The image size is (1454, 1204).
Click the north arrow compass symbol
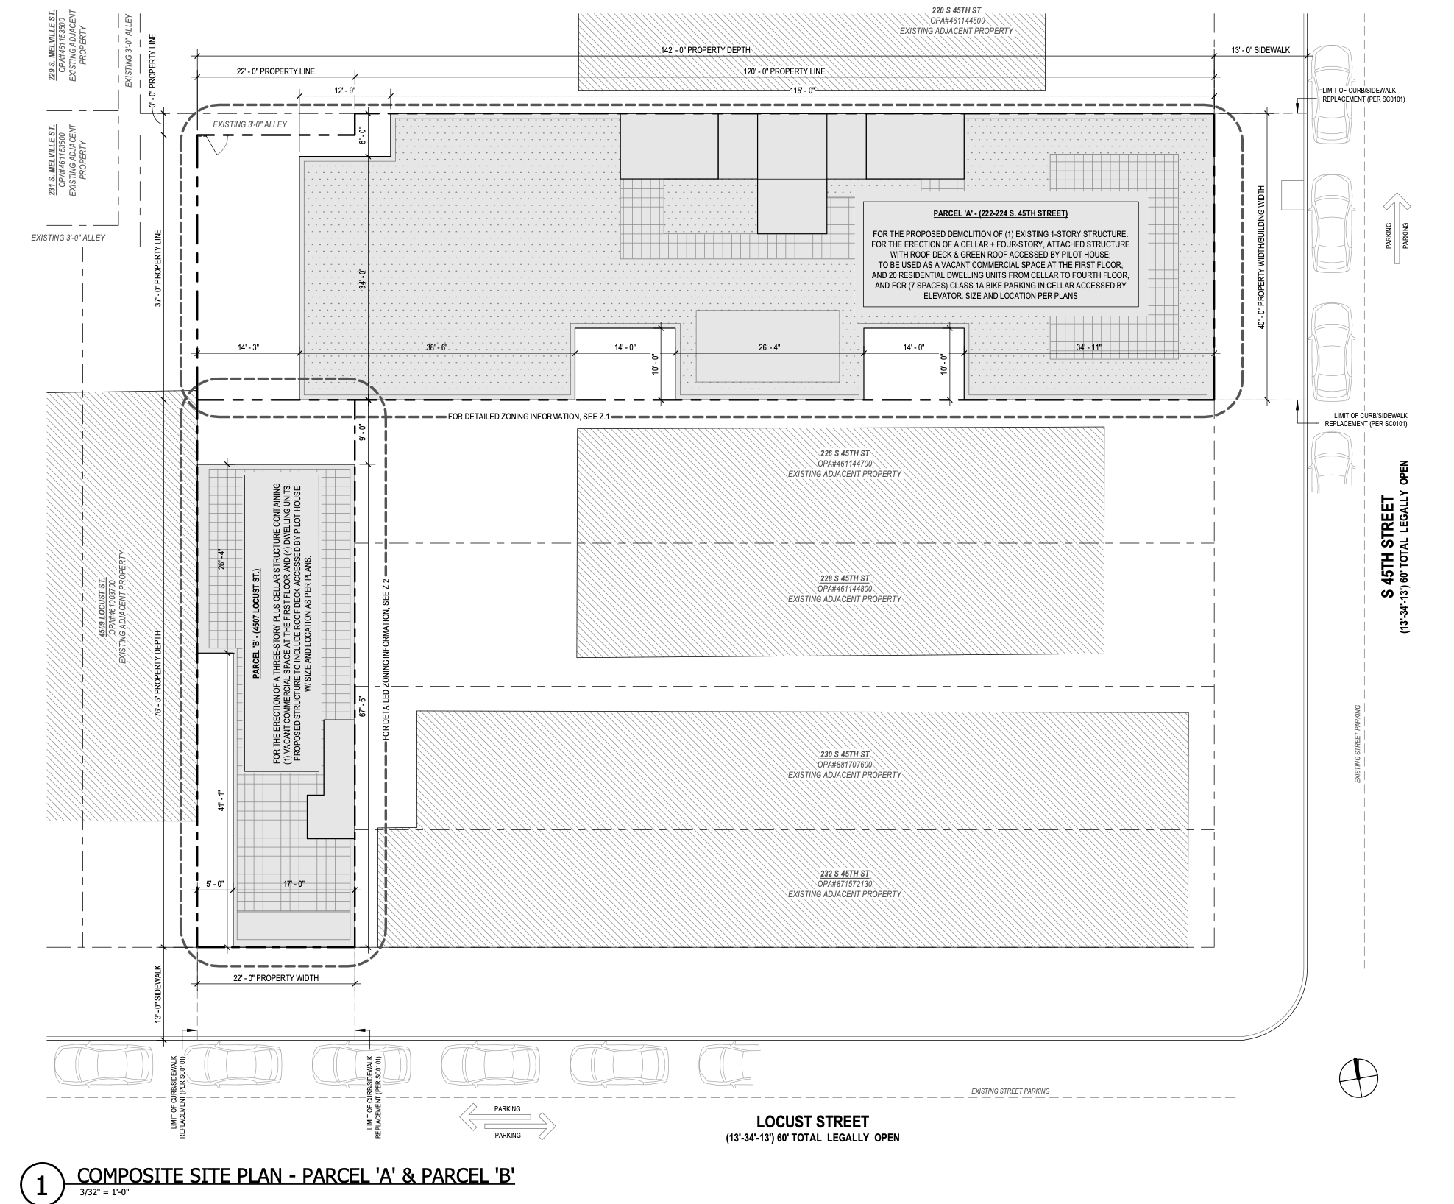1358,1080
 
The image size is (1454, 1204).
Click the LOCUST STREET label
812,1122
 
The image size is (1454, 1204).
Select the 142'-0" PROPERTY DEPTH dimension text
705,50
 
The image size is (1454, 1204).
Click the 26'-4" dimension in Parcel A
768,347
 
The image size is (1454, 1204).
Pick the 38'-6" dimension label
436,347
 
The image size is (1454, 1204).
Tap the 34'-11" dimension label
1088,347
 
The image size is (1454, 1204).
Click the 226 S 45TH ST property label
844,453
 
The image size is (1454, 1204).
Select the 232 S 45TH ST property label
844,874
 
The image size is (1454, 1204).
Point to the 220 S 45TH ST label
956,10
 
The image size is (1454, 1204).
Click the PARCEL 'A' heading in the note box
1000,213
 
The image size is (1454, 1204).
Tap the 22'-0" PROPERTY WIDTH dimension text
276,978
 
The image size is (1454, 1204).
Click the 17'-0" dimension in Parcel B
292,884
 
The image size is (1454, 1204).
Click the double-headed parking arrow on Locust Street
507,1122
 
